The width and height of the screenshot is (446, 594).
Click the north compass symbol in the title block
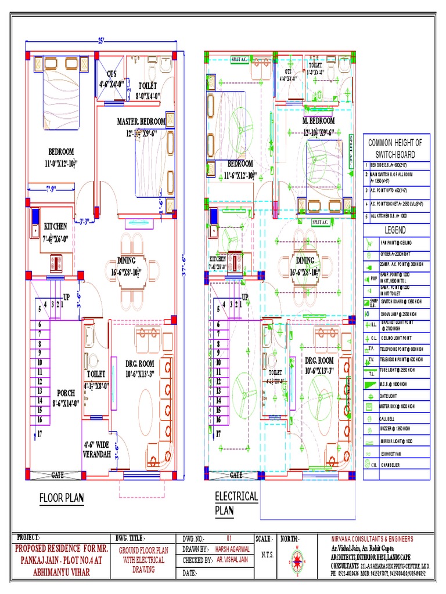pos(299,560)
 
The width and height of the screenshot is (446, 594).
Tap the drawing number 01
pos(228,538)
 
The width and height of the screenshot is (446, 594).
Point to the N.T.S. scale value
pos(267,555)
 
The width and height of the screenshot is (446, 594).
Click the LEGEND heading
pos(391,230)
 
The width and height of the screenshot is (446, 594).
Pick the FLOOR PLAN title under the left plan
pos(62,497)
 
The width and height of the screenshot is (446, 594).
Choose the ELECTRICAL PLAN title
pos(236,503)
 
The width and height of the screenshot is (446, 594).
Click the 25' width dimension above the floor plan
pos(101,41)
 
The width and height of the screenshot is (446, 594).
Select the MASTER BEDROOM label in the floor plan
pos(141,121)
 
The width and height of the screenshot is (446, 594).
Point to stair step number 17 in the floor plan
pos(40,433)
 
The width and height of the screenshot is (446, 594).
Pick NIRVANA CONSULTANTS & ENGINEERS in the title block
pos(372,538)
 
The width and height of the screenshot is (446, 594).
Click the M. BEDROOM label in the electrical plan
pos(319,121)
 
